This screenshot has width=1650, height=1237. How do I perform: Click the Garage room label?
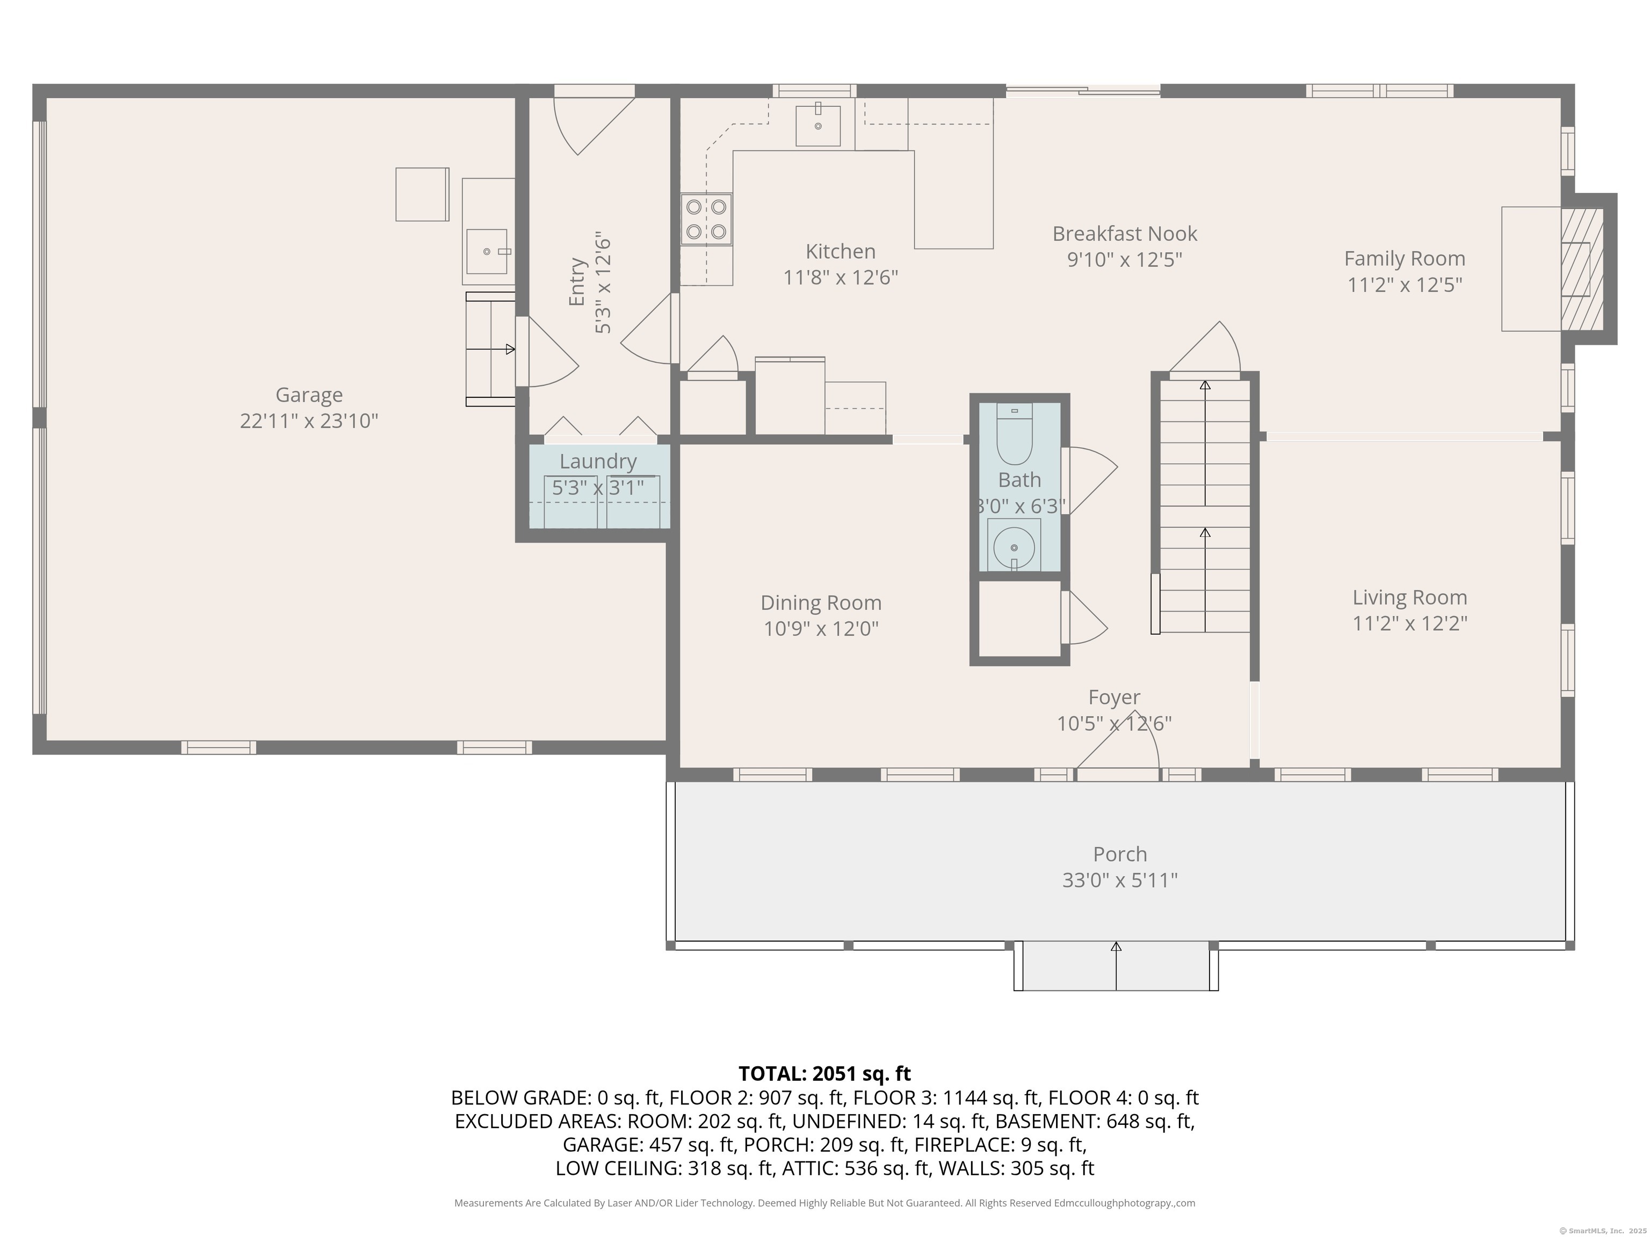point(309,395)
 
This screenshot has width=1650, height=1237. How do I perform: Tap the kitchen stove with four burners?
point(706,219)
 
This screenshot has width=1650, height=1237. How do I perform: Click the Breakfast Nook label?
point(1124,234)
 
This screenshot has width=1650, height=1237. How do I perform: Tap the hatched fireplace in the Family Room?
point(1581,268)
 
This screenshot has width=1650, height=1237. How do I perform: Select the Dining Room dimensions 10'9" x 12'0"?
point(821,629)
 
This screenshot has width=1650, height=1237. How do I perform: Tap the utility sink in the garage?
point(487,251)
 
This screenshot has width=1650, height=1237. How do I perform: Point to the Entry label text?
point(577,282)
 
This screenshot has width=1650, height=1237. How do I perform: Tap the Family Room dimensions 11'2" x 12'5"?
point(1404,285)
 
